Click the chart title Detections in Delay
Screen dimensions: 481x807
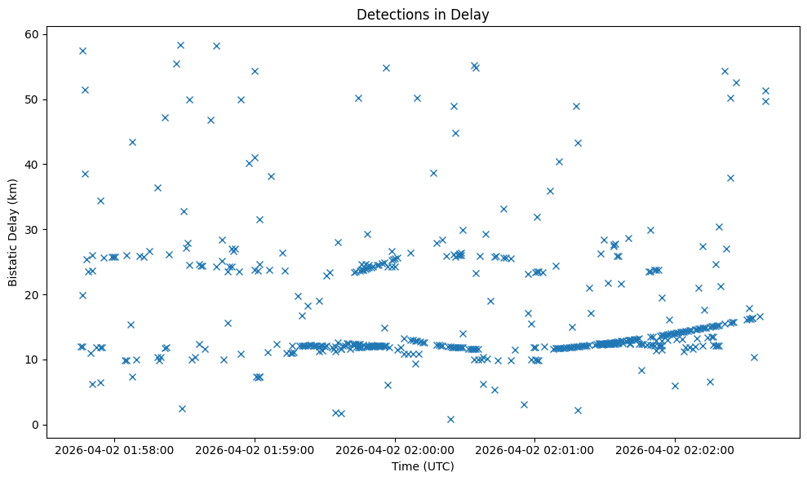point(423,14)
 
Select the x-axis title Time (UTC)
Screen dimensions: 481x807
point(423,467)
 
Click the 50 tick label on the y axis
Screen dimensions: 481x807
point(33,99)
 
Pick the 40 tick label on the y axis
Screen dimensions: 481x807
point(33,165)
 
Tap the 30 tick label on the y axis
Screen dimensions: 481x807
point(33,230)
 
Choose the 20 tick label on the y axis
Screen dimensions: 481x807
point(33,294)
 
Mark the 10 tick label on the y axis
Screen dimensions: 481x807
point(33,360)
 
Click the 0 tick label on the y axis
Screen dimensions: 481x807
point(36,425)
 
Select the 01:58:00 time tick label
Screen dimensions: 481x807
point(114,450)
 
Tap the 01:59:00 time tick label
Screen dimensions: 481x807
point(255,450)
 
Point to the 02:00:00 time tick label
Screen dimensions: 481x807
point(395,450)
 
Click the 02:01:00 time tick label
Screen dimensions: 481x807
point(535,450)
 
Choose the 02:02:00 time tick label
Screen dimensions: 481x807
point(676,450)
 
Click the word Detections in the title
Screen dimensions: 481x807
point(389,14)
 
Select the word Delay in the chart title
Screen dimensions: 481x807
point(472,14)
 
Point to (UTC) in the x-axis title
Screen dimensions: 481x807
point(438,467)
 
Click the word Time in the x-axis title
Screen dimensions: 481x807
point(406,467)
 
